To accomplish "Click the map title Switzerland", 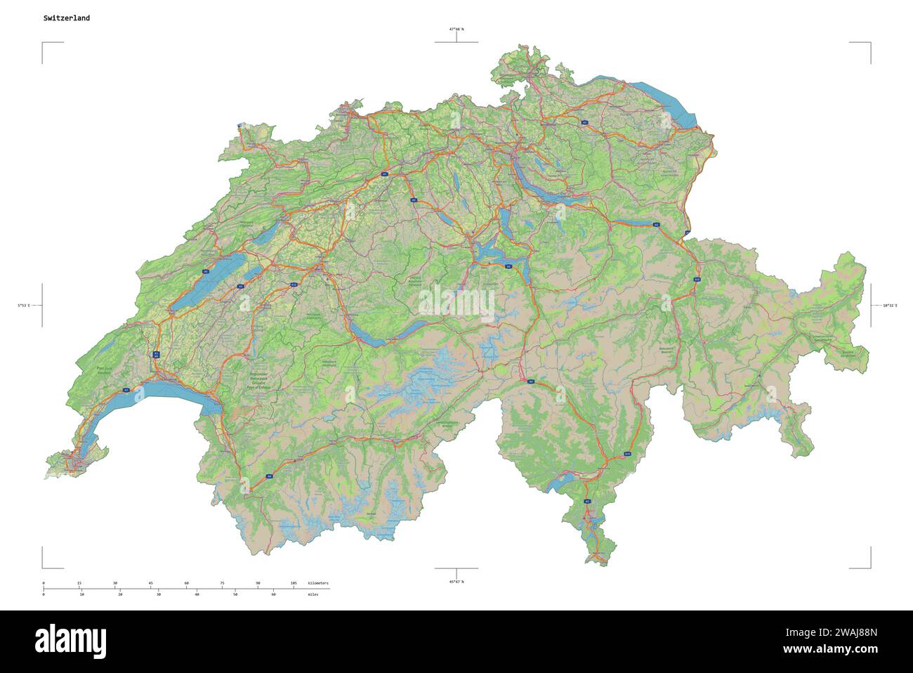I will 66,18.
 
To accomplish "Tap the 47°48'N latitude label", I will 456,30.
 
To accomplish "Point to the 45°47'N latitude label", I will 456,582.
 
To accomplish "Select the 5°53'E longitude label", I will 25,306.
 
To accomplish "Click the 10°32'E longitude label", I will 890,306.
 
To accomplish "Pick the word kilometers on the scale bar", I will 318,584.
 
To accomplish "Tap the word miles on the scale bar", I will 313,594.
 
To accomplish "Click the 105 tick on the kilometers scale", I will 294,584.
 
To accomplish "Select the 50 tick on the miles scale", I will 235,594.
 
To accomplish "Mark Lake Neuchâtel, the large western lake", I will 208,281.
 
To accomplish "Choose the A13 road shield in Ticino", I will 627,455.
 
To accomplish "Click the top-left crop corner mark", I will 43,44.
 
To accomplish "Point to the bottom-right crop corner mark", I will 870,567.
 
